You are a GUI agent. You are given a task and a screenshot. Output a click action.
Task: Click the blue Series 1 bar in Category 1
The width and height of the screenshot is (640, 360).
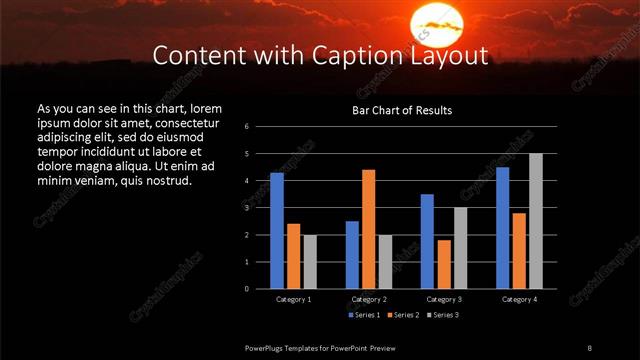coord(277,231)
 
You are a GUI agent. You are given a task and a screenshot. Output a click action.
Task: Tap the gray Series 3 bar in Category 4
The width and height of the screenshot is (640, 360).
coord(536,221)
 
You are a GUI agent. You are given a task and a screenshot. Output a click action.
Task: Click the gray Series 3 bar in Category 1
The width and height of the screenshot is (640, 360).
coord(310,262)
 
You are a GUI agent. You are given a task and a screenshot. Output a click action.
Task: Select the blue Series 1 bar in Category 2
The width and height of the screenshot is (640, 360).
coord(352,255)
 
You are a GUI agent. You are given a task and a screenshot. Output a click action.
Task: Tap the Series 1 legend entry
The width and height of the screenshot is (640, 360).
coord(364,315)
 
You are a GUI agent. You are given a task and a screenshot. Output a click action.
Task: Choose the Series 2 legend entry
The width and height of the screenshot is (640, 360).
coord(402,315)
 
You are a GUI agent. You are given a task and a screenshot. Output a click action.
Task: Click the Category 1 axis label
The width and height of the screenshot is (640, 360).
coord(293,299)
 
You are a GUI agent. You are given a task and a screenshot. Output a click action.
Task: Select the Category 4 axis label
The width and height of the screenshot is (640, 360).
coord(518,299)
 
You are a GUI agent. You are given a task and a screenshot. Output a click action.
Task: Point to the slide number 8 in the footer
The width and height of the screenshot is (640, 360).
coord(589,346)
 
